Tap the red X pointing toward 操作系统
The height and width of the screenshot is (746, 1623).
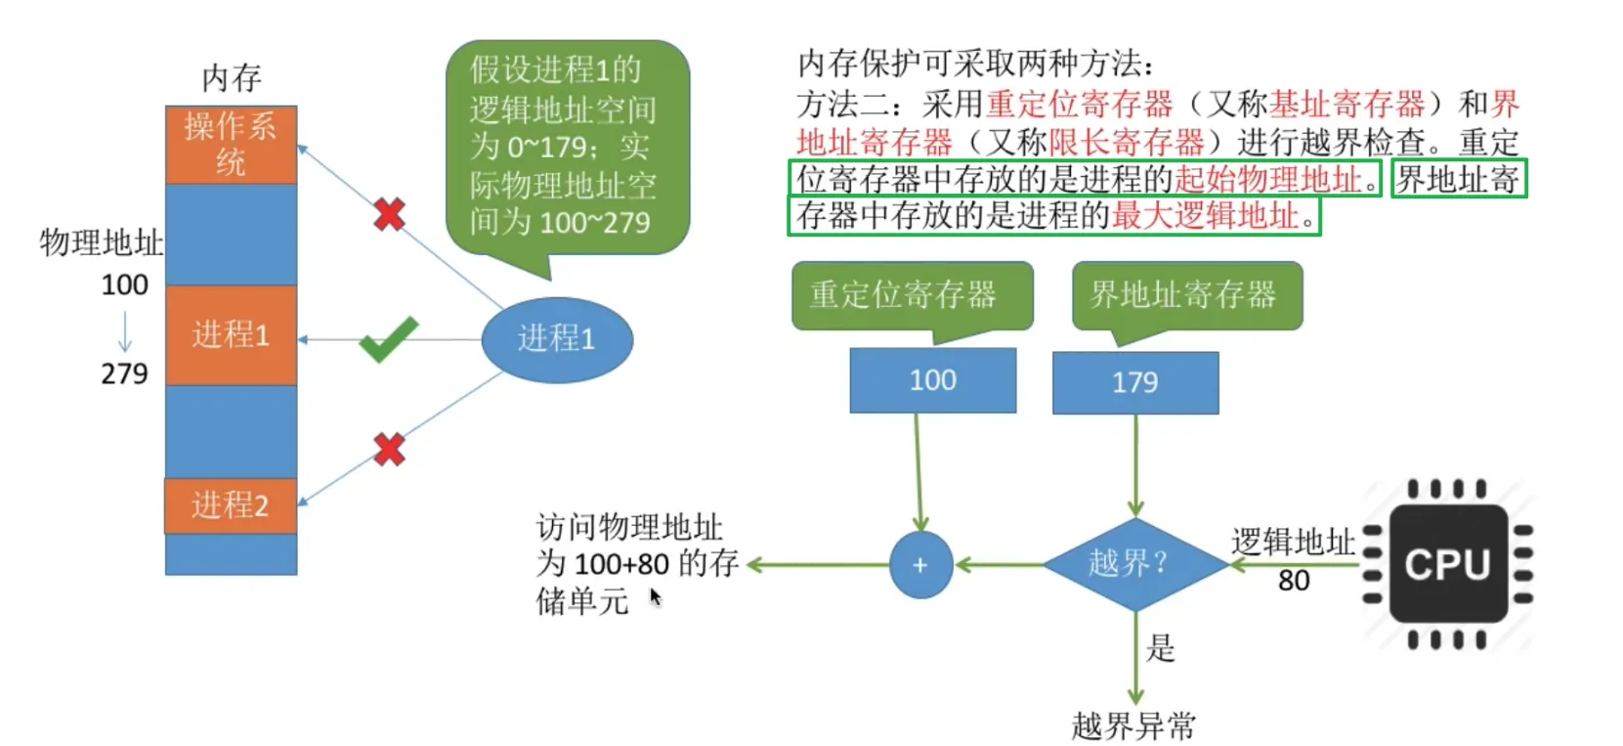pos(389,214)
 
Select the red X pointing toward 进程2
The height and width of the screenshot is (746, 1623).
pos(389,449)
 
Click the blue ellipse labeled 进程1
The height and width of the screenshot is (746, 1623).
pos(557,339)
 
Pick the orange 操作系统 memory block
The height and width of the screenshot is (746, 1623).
pos(231,145)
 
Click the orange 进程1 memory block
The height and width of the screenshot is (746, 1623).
pos(231,334)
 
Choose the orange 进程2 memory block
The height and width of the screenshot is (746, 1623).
pos(231,505)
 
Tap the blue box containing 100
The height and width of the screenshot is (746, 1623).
pos(932,380)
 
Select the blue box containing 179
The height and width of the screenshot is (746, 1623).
pos(1134,382)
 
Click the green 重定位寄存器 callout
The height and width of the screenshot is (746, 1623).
pos(911,295)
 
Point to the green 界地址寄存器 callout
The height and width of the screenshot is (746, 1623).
pos(1186,295)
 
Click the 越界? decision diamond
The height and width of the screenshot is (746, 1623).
pos(1134,564)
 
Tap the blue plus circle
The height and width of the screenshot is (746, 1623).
pos(920,565)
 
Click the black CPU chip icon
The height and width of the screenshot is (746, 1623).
pos(1448,564)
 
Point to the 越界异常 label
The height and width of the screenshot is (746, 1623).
pos(1133,726)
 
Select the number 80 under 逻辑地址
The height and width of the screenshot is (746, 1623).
pos(1294,581)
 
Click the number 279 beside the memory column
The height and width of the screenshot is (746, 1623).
pos(124,373)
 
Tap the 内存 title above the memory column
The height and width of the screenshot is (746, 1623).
pos(231,77)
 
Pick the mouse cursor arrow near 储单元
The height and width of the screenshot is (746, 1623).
pos(655,596)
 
